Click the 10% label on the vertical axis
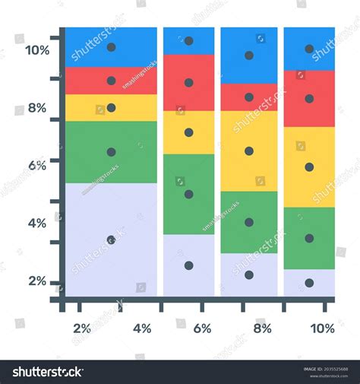[37, 50]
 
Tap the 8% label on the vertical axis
[37, 108]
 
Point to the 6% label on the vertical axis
[37, 164]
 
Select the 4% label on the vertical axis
[37, 223]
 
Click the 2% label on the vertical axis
[37, 281]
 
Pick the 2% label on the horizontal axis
[82, 328]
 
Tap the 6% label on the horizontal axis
[202, 328]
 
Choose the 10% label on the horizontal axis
[323, 328]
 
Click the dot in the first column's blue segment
[111, 47]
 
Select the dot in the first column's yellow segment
[111, 108]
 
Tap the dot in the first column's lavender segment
[111, 240]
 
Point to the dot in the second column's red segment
[188, 83]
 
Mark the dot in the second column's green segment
[188, 194]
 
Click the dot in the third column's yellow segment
[249, 151]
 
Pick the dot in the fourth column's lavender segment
[309, 283]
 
